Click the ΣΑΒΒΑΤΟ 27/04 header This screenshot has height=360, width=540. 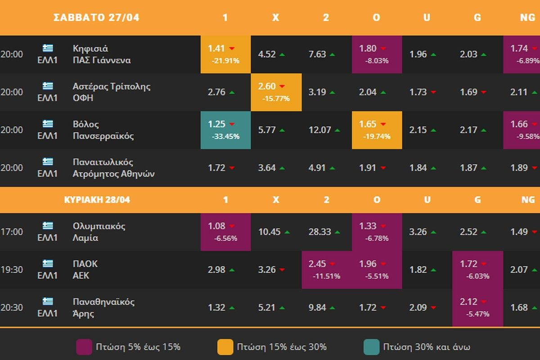click(96, 18)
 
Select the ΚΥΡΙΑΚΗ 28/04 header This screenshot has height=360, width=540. click(97, 200)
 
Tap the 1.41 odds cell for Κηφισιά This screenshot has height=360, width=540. click(225, 54)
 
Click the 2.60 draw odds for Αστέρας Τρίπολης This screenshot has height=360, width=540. click(276, 92)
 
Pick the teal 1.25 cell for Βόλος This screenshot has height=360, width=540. click(225, 130)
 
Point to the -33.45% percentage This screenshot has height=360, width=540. click(225, 136)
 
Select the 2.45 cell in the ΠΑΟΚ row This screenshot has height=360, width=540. click(327, 270)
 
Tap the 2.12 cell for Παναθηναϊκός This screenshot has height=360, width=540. click(477, 307)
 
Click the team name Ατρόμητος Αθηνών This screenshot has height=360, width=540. click(113, 174)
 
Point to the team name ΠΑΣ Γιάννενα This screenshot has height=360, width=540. click(102, 60)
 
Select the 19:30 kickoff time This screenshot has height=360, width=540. click(12, 270)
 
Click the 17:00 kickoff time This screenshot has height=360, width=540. click(12, 232)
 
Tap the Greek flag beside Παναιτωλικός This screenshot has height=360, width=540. click(48, 162)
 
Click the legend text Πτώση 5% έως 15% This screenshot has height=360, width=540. click(138, 347)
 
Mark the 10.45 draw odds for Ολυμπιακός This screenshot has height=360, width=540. click(270, 232)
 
